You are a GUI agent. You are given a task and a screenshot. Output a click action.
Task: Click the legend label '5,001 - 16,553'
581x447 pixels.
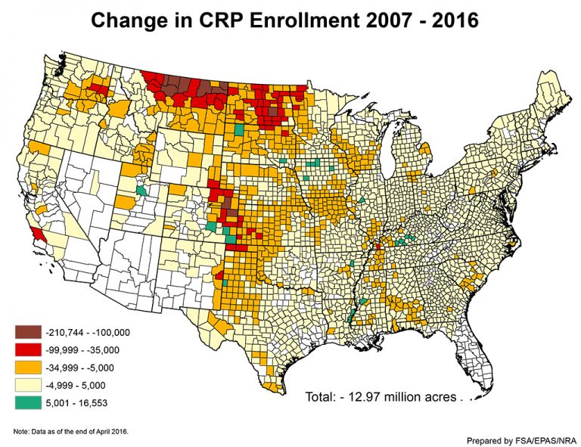coord(79,403)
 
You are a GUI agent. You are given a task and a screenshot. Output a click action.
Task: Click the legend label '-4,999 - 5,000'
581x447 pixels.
coord(79,386)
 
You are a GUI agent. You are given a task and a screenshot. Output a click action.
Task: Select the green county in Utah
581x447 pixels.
coord(141,190)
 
